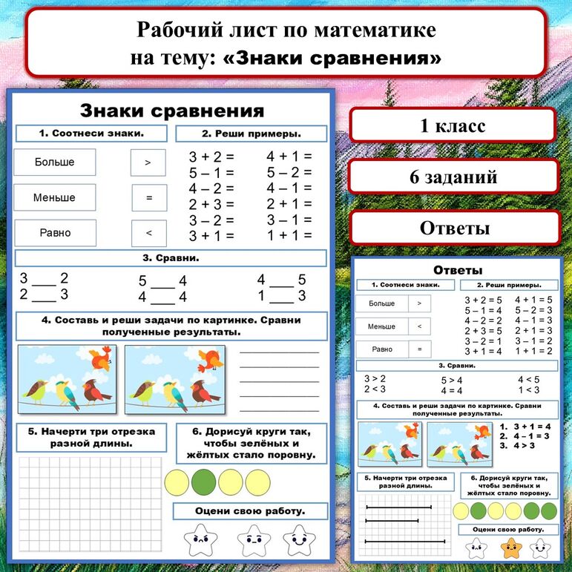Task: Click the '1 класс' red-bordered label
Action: (453, 125)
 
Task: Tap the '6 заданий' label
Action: (453, 177)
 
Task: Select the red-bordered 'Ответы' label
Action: (454, 228)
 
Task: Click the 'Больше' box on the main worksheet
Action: (55, 162)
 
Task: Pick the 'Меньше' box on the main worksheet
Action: (55, 197)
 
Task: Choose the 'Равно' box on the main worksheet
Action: (55, 233)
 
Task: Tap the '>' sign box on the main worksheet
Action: (148, 162)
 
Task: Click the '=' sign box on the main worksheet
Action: (148, 198)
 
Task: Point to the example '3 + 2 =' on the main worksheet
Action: (211, 157)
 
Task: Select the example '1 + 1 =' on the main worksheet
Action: (289, 235)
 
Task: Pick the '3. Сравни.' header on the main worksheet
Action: (171, 259)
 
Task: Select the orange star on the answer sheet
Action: (510, 548)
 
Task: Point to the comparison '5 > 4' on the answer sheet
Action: (451, 381)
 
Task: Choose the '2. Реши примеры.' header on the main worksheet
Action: (251, 134)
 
